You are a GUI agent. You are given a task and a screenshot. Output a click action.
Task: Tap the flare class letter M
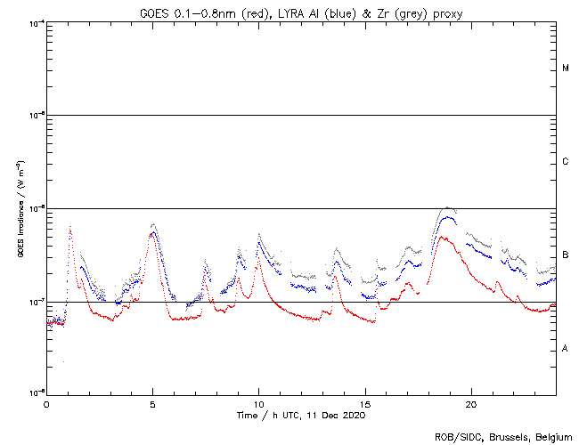(x=566, y=68)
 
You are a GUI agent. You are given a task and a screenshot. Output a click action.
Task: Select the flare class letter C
(x=566, y=162)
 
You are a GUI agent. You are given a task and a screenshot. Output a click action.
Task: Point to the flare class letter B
(x=566, y=255)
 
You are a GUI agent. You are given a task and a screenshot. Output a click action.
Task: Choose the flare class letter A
(x=566, y=349)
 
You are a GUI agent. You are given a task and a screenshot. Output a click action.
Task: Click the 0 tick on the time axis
(x=46, y=403)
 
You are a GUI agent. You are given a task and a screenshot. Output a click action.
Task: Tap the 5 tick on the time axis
(x=152, y=403)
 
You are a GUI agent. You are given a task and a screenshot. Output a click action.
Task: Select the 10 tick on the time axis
(x=258, y=403)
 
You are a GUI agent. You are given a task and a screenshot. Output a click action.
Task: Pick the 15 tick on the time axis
(x=364, y=403)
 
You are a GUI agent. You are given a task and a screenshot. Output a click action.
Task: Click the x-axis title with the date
(x=301, y=415)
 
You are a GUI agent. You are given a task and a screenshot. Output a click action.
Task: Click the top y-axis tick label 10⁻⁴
(x=36, y=22)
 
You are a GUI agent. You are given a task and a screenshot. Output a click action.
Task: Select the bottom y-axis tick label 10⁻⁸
(x=36, y=392)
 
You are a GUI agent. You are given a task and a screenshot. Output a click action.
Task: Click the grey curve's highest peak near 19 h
(x=447, y=207)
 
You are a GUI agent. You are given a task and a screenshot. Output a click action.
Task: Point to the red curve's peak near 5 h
(x=153, y=233)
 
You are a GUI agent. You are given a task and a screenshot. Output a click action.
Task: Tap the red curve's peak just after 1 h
(x=70, y=229)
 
